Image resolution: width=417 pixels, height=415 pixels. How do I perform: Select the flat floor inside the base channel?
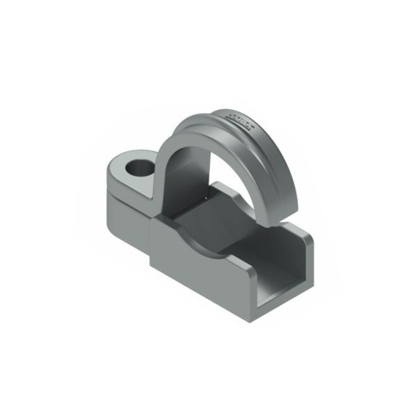pos(244,244)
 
